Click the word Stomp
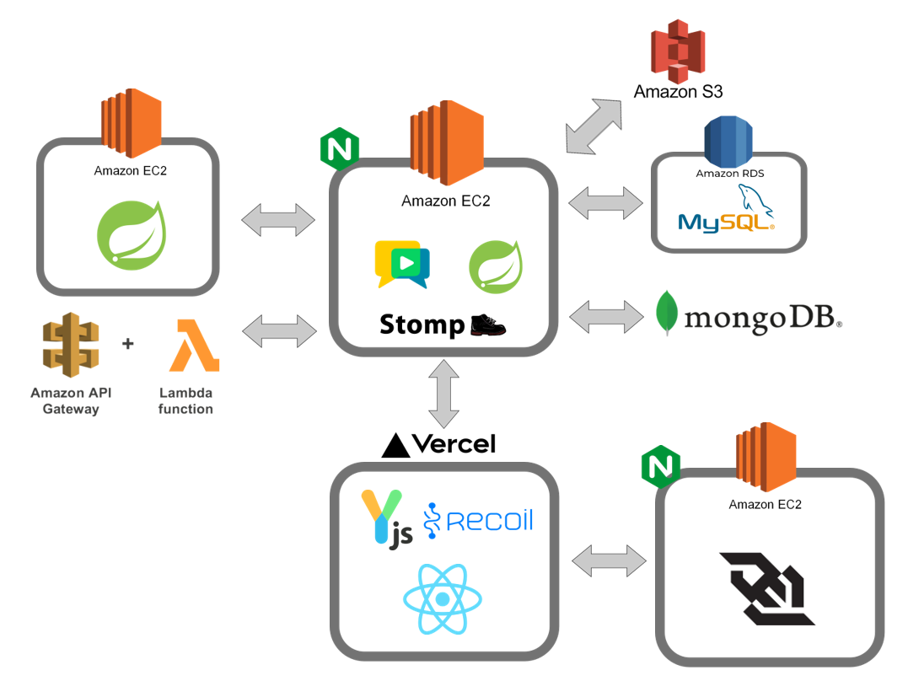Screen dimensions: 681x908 [422, 325]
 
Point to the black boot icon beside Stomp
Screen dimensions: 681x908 [490, 324]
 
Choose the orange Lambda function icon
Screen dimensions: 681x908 [194, 346]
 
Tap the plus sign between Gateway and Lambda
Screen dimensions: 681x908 [128, 344]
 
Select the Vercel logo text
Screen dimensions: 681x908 [439, 444]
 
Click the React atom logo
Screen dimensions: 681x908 [442, 599]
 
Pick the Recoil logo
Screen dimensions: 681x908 [478, 520]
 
